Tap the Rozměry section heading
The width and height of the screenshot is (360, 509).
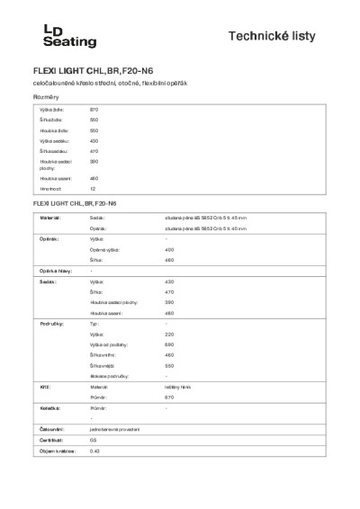pyautogui.click(x=47, y=96)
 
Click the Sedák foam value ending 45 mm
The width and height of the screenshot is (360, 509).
pyautogui.click(x=206, y=218)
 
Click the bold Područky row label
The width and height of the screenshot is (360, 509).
pyautogui.click(x=49, y=322)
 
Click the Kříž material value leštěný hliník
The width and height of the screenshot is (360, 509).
pyautogui.click(x=178, y=387)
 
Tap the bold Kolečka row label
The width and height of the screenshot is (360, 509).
pyautogui.click(x=49, y=407)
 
